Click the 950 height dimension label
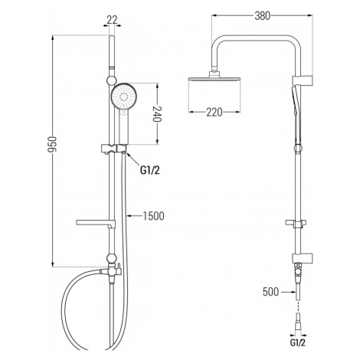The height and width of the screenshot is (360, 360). [52, 145]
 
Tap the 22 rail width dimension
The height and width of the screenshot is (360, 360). [112, 19]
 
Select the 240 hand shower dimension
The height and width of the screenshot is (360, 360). [158, 114]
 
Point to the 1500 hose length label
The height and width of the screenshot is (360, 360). [153, 216]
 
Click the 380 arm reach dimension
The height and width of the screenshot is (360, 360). [262, 16]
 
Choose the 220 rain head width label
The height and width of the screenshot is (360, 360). [214, 112]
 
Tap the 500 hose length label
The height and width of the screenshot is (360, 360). [270, 292]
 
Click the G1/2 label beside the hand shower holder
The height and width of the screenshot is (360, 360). [149, 170]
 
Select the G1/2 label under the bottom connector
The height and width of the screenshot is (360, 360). [298, 342]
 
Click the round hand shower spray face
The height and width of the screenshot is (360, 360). [124, 97]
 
